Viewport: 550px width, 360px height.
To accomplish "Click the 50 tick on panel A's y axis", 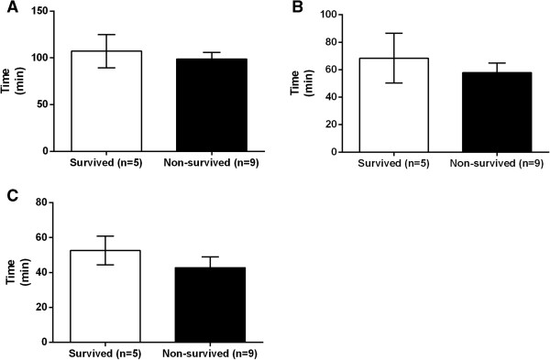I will (47, 104).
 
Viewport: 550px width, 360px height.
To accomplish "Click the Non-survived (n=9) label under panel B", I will (496, 166).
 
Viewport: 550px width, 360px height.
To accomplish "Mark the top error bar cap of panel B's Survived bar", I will (394, 33).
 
